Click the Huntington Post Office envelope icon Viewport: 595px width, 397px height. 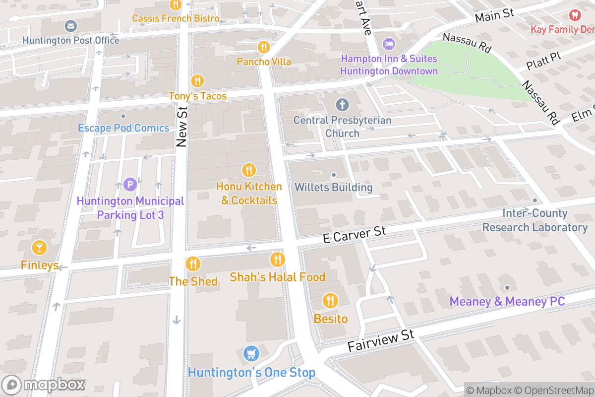71,26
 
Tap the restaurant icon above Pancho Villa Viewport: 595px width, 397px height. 264,47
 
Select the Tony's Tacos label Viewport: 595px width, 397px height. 197,96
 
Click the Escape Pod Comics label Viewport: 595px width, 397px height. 123,128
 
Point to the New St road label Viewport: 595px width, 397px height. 181,128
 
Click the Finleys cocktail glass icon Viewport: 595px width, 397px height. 39,247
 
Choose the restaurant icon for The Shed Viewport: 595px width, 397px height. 193,264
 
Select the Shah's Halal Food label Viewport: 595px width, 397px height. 277,277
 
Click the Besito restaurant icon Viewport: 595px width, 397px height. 330,300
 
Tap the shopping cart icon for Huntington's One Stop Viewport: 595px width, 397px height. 251,354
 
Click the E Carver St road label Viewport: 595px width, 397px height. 354,235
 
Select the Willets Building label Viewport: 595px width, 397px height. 333,188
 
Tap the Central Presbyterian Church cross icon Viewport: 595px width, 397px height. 342,105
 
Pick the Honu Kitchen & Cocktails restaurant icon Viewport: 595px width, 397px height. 249,170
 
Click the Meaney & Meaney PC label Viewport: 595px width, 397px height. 507,302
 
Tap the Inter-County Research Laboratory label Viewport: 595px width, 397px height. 535,220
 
